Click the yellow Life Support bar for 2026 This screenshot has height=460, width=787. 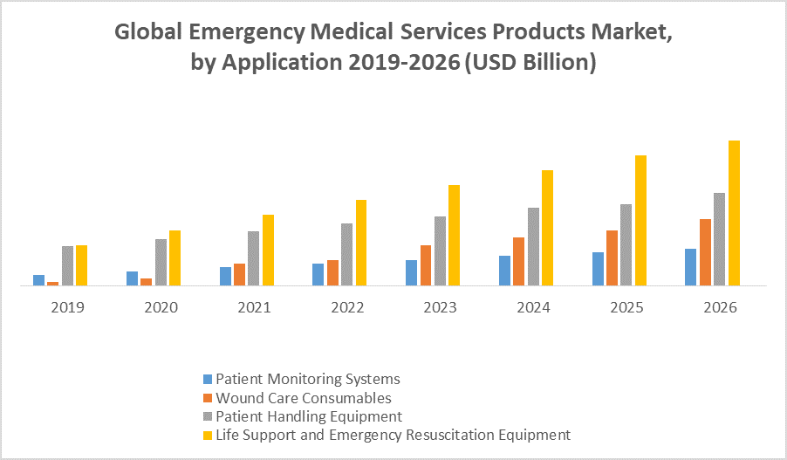[x=734, y=213]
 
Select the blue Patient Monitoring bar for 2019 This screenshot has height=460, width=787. [x=38, y=280]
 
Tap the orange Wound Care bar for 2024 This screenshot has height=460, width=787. [x=518, y=261]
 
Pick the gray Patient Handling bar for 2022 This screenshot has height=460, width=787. [x=346, y=254]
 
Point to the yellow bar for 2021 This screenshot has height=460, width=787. [x=268, y=250]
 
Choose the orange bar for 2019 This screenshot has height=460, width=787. [x=52, y=283]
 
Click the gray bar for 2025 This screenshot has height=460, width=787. [x=626, y=244]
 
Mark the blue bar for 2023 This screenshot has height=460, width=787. [x=411, y=272]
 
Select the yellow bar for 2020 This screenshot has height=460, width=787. [x=175, y=257]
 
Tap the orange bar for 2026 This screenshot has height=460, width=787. [x=705, y=252]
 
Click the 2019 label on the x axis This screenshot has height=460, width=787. [x=67, y=308]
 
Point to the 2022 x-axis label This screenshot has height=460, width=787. [x=347, y=308]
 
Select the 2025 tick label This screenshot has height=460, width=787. [x=626, y=308]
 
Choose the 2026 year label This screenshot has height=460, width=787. [x=720, y=308]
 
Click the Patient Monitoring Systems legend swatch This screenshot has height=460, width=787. [x=207, y=380]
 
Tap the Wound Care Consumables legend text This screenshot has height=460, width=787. [x=304, y=398]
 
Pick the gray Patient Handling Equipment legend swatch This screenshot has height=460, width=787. [x=207, y=416]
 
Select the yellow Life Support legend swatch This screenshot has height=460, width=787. [x=207, y=435]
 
